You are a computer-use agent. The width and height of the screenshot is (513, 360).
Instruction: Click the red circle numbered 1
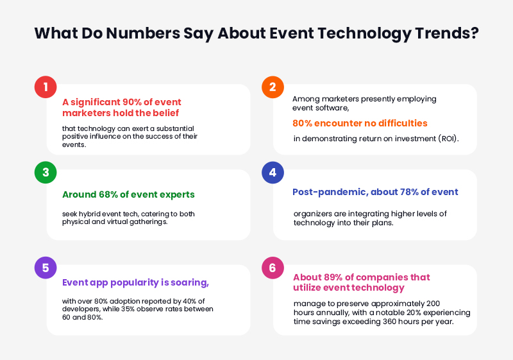pos(46,87)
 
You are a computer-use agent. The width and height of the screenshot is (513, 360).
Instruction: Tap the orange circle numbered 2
pos(273,87)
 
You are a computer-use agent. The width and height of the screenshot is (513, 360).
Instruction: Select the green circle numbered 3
pos(46,173)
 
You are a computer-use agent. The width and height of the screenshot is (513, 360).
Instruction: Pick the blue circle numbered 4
pos(273,173)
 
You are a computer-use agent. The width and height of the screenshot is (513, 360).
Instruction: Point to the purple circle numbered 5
pos(46,268)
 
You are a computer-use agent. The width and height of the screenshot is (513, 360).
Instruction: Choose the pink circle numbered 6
pos(273,268)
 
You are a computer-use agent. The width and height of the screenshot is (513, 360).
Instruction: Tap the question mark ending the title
pos(474,33)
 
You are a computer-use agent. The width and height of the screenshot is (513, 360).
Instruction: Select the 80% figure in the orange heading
pos(305,123)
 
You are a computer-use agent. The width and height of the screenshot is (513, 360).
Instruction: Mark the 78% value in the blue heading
pos(410,191)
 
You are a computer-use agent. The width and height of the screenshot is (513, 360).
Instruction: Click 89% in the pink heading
pos(333,278)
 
